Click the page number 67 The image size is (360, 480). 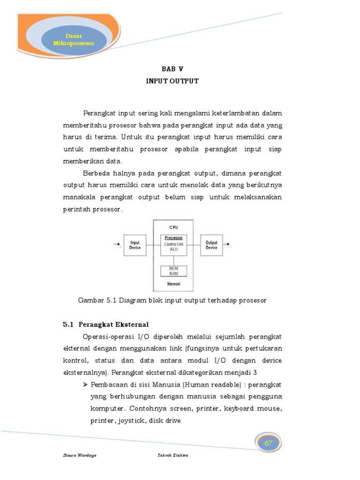[x=269, y=443]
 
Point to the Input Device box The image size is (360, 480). [x=135, y=245]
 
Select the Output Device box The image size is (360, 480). [x=211, y=245]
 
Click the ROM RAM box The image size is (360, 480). [x=173, y=271]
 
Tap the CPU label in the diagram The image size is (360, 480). [x=173, y=227]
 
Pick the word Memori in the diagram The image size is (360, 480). [x=173, y=284]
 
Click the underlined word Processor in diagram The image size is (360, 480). [x=173, y=238]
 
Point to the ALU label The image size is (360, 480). [x=173, y=249]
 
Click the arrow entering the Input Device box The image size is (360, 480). [x=117, y=245]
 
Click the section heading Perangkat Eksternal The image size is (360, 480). [x=113, y=324]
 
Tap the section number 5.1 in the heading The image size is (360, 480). [x=68, y=324]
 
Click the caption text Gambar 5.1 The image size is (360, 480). [x=95, y=300]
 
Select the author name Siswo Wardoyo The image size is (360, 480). [x=80, y=455]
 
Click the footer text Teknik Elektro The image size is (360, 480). [x=173, y=455]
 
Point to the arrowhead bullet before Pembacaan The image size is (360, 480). [x=86, y=384]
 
